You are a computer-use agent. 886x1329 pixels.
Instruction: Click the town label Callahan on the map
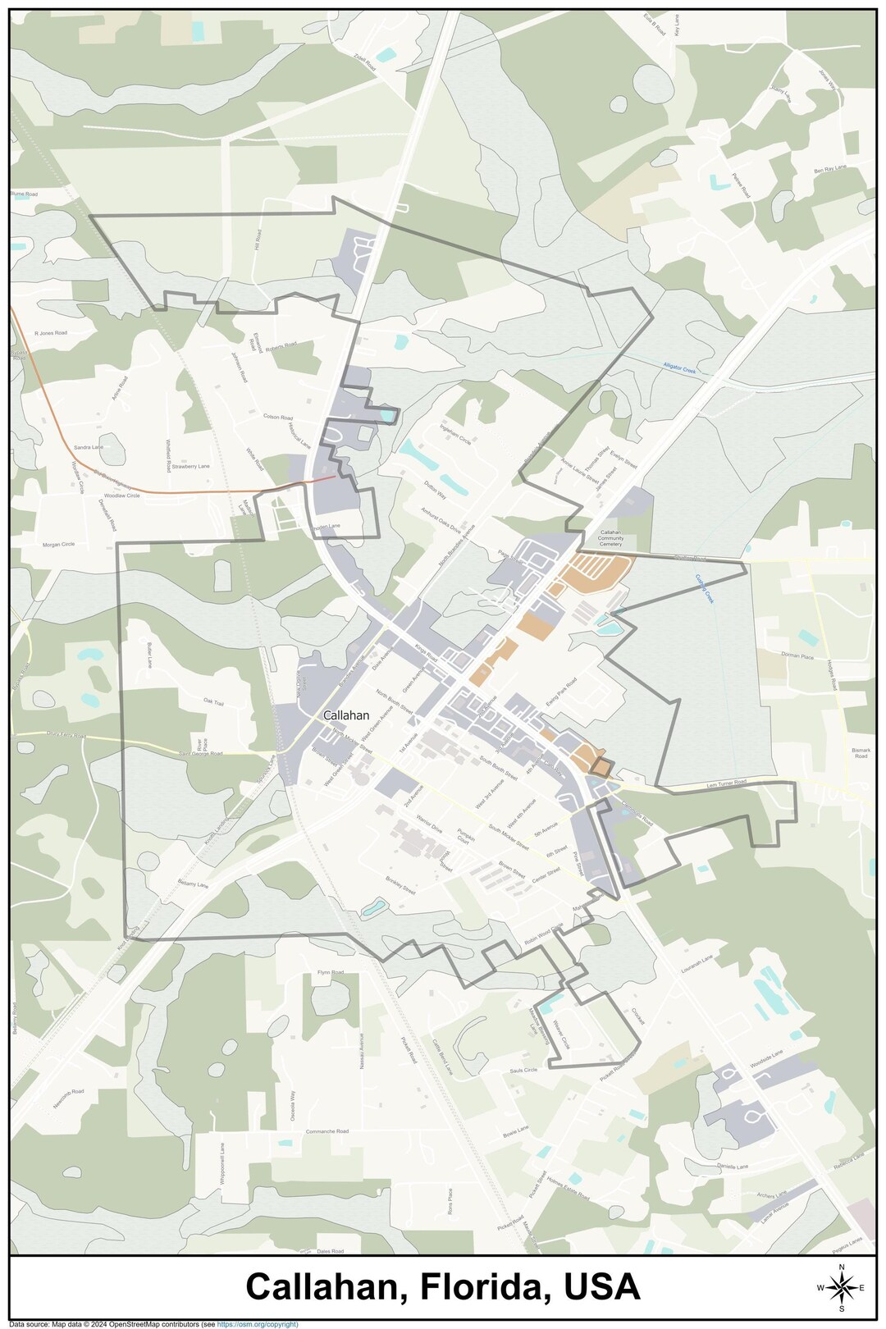[x=345, y=715]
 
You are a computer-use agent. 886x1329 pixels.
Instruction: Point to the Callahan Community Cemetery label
[x=610, y=538]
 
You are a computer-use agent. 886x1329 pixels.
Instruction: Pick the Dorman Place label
[x=797, y=656]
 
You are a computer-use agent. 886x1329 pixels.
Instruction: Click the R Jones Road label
[x=50, y=334]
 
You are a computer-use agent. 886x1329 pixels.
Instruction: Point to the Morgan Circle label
[x=58, y=545]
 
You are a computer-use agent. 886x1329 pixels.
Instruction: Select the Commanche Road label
[x=327, y=1131]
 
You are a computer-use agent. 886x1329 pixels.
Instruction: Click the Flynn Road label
[x=331, y=972]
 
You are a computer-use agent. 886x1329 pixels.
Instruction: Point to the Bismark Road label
[x=860, y=753]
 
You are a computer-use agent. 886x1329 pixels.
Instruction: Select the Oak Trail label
[x=213, y=702]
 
